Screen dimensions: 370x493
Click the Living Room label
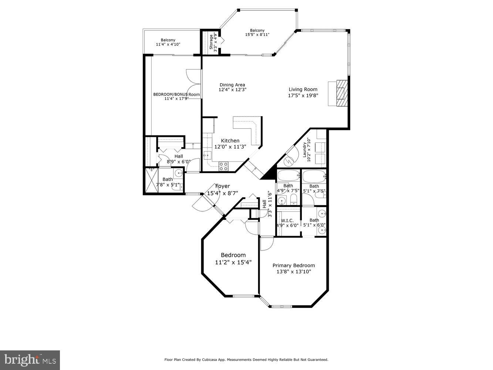(303, 89)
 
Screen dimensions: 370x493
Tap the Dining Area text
(232, 85)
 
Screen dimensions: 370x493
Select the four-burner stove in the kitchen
(223, 166)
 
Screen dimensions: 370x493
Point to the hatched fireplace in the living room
(342, 93)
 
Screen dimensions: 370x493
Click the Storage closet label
(212, 42)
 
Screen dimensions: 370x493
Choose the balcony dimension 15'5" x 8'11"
(257, 35)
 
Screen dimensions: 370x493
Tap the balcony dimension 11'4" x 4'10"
(168, 44)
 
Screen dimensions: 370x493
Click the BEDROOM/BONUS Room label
(176, 94)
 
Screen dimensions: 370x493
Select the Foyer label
(223, 186)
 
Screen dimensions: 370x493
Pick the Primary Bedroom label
(294, 265)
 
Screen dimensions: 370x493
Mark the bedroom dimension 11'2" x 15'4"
(233, 262)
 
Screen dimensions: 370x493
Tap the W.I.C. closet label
(287, 221)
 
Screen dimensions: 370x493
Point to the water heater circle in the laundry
(288, 162)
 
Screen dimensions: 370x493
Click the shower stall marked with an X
(151, 180)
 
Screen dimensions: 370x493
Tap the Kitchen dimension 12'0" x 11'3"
(230, 147)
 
